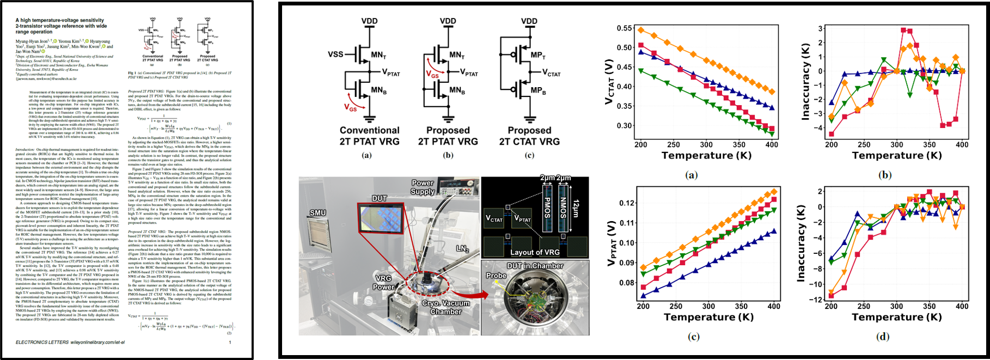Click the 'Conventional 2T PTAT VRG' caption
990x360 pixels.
[x=369, y=136]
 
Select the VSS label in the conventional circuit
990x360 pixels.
[x=335, y=54]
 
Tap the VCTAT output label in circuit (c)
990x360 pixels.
[x=552, y=72]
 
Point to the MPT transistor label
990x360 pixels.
[x=538, y=55]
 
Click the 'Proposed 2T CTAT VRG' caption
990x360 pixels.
[x=529, y=136]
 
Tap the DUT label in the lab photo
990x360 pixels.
[x=380, y=198]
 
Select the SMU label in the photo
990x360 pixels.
[x=317, y=212]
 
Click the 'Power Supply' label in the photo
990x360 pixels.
[x=423, y=187]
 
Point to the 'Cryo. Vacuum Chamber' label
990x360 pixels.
[x=445, y=307]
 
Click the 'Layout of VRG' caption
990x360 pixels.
[x=534, y=252]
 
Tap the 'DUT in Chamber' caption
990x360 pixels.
[x=535, y=266]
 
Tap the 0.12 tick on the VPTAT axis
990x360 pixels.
[x=627, y=203]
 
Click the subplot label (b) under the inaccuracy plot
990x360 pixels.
[x=885, y=175]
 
